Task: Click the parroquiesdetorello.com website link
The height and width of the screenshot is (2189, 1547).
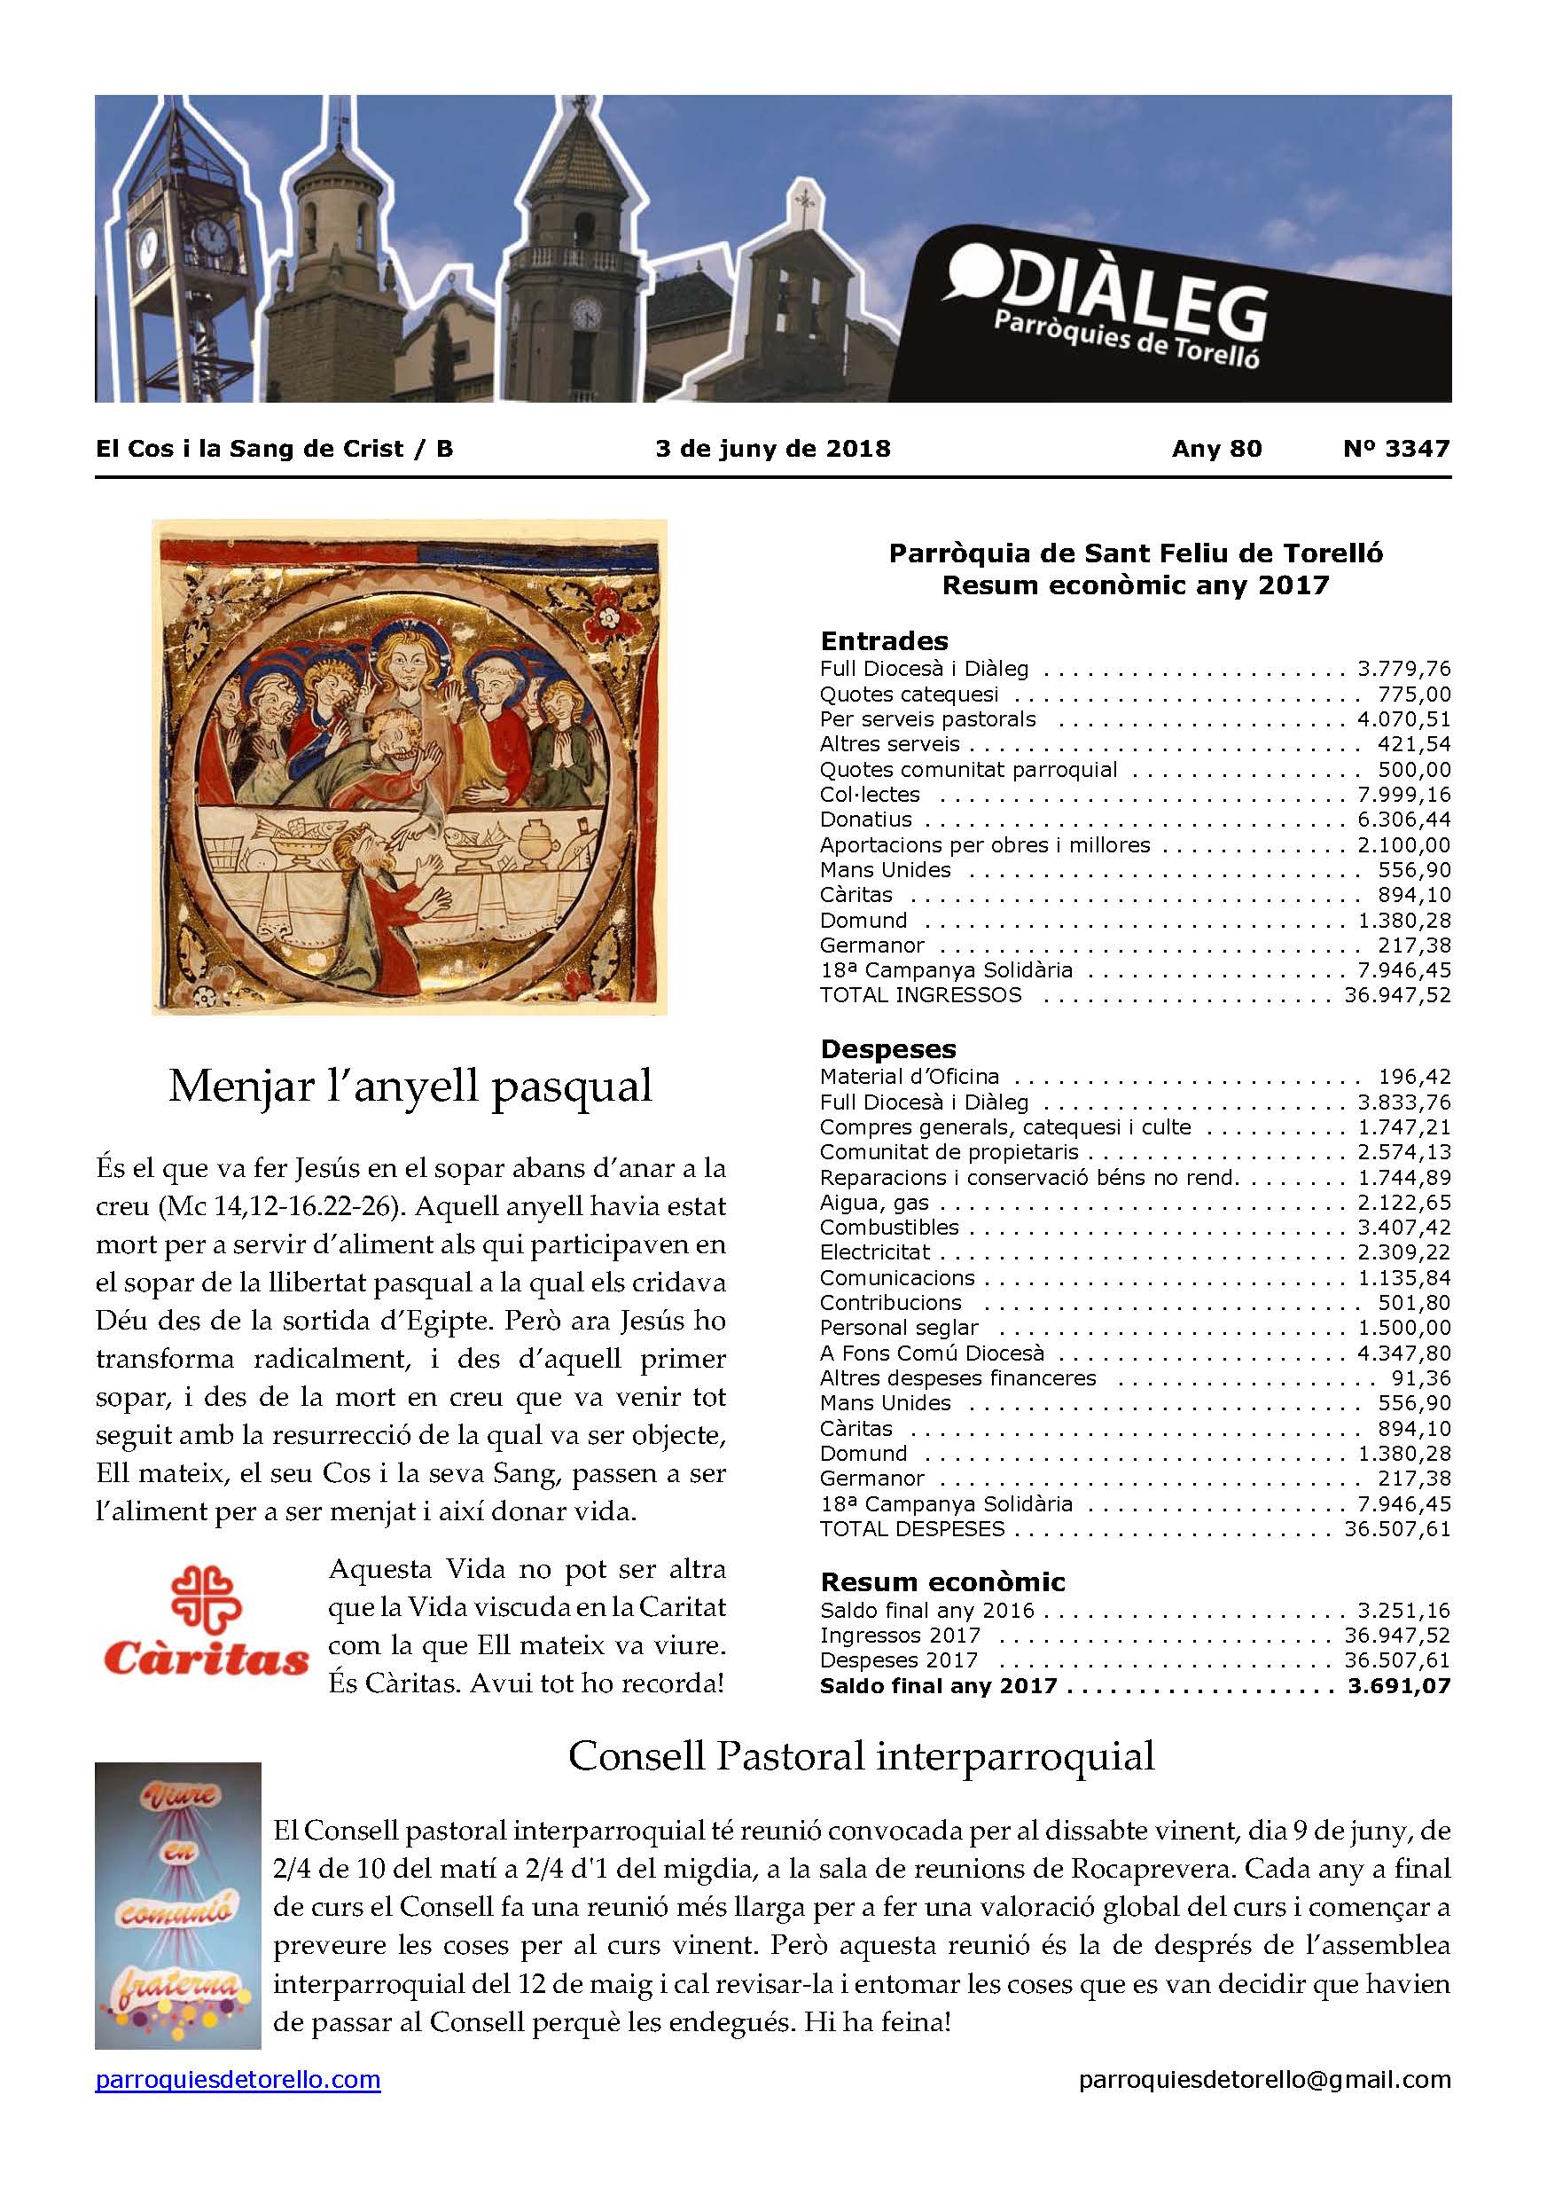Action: pos(238,2153)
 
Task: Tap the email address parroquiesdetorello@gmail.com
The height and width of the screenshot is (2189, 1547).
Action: pos(1265,2153)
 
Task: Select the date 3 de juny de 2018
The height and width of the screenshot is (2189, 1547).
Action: pos(773,449)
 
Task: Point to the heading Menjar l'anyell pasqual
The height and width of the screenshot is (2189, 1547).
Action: pos(410,1087)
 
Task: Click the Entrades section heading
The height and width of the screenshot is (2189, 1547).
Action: pos(885,640)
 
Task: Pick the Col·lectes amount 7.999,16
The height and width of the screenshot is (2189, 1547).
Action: pos(1404,795)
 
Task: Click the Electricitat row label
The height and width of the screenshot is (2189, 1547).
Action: pos(875,1252)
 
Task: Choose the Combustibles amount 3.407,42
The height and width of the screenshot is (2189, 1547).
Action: pos(1404,1228)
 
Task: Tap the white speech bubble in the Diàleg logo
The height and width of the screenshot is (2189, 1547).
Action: pos(971,276)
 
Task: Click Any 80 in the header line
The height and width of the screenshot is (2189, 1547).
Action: pos(1216,449)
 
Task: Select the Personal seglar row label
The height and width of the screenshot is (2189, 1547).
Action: pos(899,1328)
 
